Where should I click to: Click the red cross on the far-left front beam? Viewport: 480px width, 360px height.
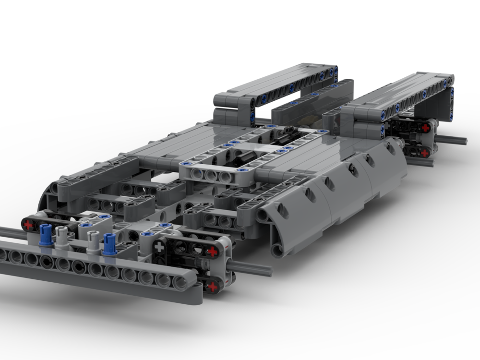(28, 224)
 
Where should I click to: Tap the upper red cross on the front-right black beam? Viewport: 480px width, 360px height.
(212, 252)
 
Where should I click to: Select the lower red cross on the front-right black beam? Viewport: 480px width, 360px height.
(212, 287)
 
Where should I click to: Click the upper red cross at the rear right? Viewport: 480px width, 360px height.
(425, 128)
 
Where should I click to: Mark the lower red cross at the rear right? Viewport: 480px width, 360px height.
(424, 153)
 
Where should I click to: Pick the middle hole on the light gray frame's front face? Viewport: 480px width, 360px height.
(210, 175)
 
